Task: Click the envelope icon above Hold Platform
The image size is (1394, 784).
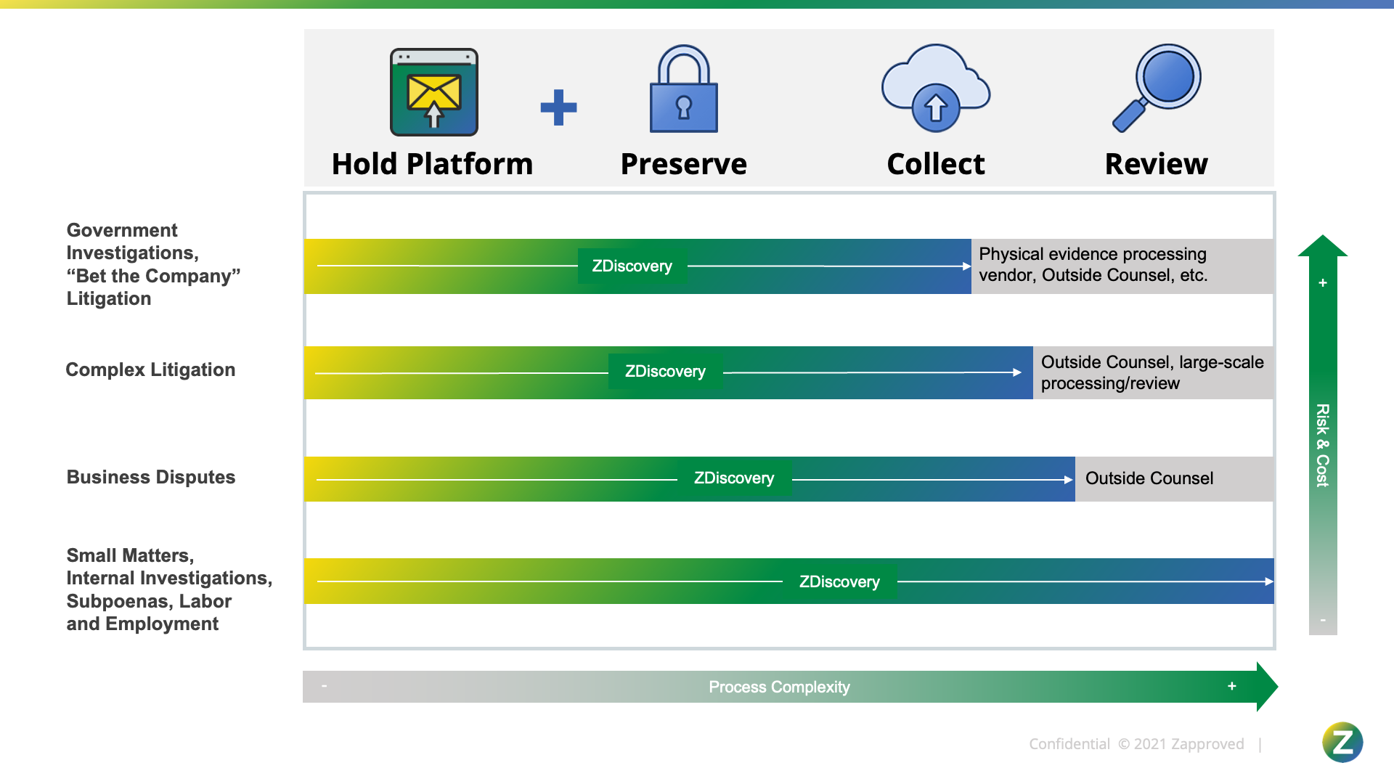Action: click(434, 92)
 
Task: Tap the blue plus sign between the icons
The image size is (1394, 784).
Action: click(558, 107)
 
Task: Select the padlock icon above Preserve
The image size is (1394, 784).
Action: click(683, 89)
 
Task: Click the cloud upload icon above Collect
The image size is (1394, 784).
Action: click(936, 89)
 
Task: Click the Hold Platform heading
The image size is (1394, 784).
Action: click(432, 164)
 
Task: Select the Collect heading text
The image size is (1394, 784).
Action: click(936, 164)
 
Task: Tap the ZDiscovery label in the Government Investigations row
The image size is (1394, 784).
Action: click(632, 266)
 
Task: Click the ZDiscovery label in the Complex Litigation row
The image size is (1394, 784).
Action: click(665, 372)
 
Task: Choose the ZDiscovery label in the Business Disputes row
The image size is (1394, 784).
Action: click(734, 478)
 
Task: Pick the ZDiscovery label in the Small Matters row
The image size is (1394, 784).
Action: click(839, 582)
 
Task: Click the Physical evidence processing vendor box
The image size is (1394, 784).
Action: click(1122, 265)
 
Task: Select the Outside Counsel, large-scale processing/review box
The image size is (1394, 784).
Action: click(1152, 372)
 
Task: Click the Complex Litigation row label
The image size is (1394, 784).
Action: click(150, 370)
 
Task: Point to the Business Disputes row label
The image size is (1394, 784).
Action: click(151, 478)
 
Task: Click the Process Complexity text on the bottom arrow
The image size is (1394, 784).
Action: click(779, 687)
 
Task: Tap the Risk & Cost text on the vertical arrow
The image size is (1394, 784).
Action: click(1323, 445)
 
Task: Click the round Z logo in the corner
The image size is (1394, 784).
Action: click(1342, 743)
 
